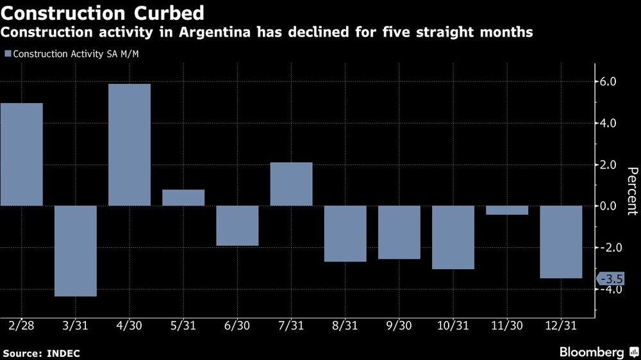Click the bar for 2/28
22,154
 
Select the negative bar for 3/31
76,251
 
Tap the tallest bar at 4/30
129,145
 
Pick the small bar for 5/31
183,198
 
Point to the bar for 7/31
292,184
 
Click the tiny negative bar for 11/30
507,210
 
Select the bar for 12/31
562,242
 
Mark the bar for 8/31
345,234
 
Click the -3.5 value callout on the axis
610,279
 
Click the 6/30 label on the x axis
238,326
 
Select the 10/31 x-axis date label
453,326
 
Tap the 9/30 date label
399,326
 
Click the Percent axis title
632,190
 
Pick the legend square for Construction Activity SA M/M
8,54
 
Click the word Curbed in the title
169,13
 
